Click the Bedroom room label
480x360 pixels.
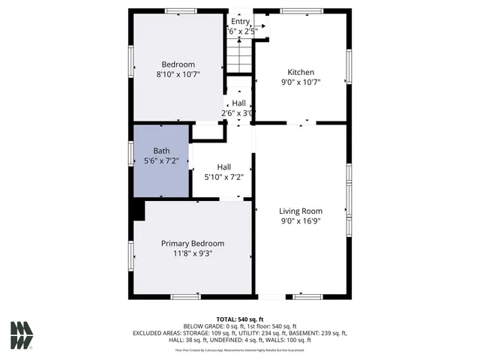coord(178,64)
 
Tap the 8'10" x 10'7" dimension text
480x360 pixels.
coord(178,75)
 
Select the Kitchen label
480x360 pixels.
coord(301,72)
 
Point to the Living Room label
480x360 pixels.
coord(301,211)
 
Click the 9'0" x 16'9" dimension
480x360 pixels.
coord(301,221)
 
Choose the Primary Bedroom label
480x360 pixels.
coord(193,243)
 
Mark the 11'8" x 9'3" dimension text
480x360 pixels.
coord(193,253)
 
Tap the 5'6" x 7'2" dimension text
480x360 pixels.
coord(160,160)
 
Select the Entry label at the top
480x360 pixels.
coord(240,21)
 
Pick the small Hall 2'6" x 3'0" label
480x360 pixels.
coord(238,103)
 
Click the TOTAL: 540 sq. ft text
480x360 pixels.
coord(240,319)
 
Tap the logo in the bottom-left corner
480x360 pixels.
coord(22,335)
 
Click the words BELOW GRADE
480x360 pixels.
coord(204,326)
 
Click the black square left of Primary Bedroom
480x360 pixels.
coord(137,210)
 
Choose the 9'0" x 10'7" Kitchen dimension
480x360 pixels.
coord(301,82)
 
